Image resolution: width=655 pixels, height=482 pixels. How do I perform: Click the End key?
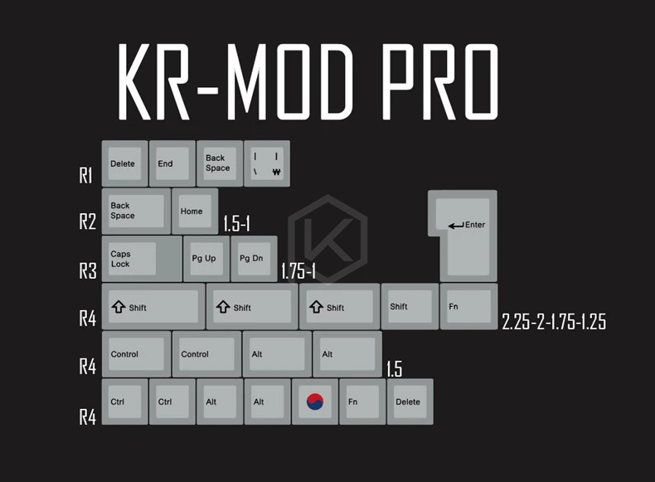coord(172,163)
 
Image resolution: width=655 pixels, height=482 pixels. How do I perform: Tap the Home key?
coord(195,212)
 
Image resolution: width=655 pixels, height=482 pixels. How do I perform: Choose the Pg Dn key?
coord(254,259)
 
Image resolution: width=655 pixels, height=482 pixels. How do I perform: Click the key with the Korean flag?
coord(315,402)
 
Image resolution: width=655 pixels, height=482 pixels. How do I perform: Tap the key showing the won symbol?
coord(267,163)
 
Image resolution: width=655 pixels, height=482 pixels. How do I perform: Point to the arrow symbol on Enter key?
coord(455,225)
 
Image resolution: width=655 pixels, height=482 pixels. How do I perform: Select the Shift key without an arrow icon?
coord(410,306)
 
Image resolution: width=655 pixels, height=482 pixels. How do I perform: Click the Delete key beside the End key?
coord(124,163)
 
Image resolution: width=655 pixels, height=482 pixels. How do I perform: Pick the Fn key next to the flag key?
coord(362,402)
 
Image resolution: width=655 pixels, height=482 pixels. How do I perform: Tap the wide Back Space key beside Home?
coord(135,212)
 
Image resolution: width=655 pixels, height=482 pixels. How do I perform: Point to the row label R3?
coord(88,271)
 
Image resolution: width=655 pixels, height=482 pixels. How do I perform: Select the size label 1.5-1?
coord(237,225)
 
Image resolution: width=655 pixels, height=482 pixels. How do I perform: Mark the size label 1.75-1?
coord(298,271)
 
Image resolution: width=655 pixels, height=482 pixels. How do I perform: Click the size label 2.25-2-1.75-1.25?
coord(553,322)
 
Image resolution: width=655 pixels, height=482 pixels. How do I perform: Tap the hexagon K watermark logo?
coord(328,241)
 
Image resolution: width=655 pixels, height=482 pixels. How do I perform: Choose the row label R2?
coord(88,222)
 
